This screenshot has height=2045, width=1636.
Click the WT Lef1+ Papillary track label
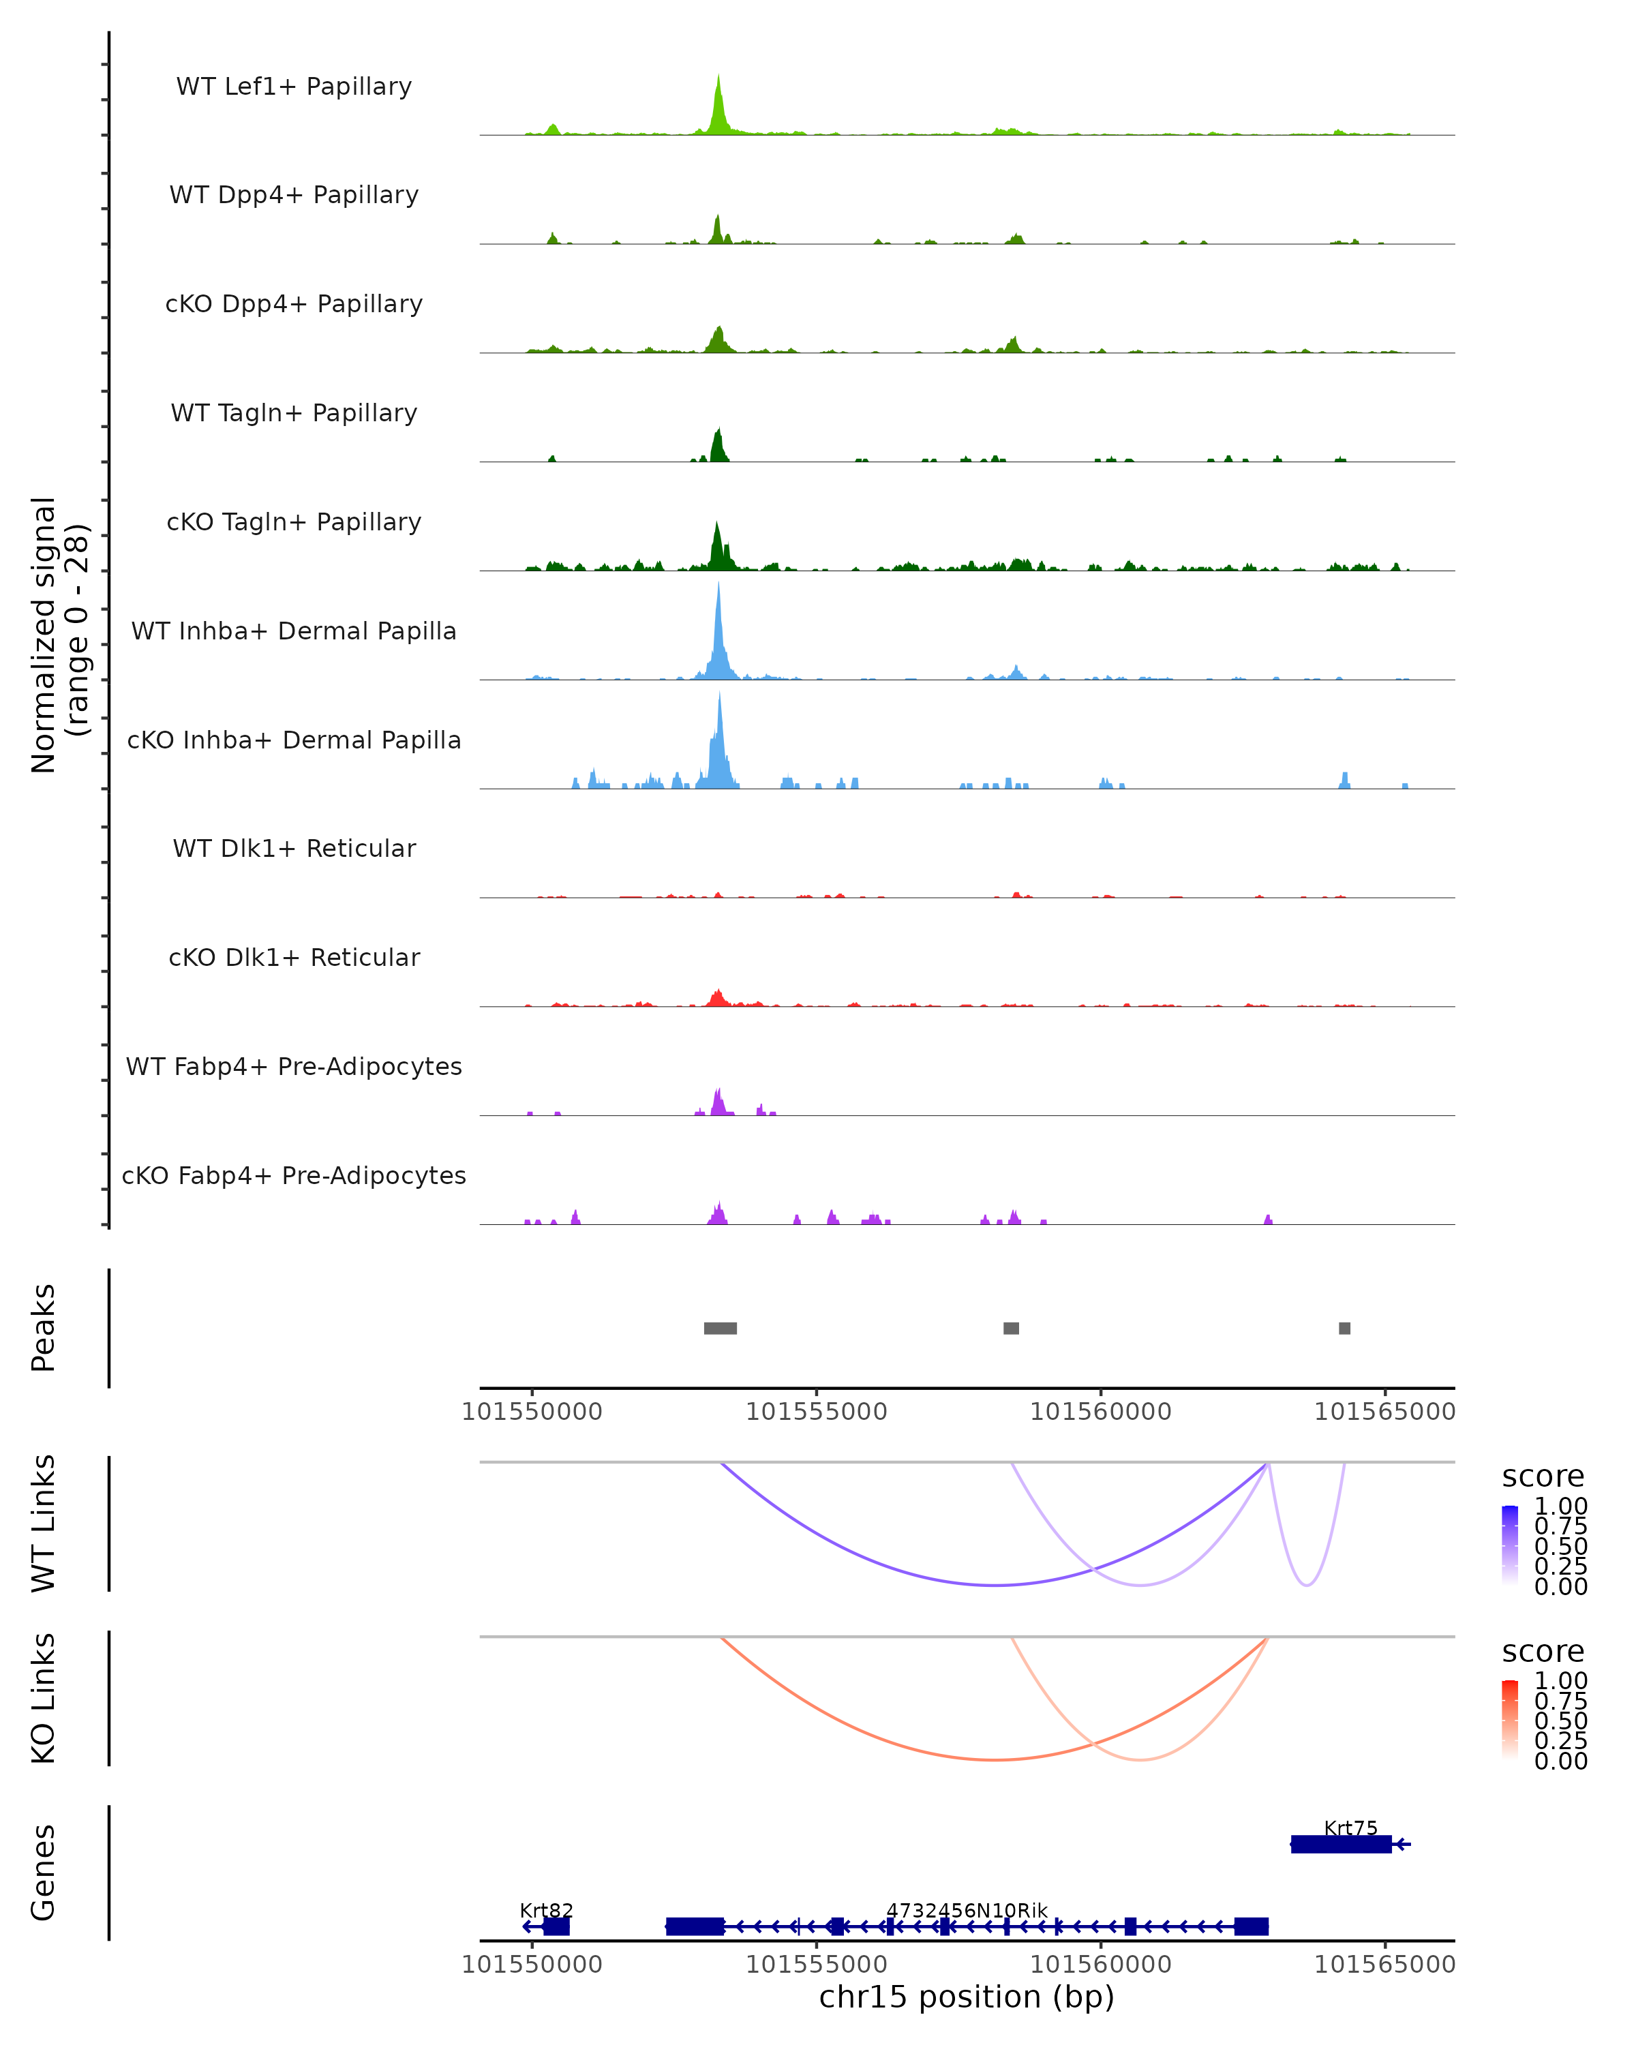coord(294,87)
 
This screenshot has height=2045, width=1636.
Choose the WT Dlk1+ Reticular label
coord(294,848)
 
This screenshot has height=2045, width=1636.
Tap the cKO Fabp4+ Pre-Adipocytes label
coord(294,1175)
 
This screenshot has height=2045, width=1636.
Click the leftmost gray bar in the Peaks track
coord(720,1328)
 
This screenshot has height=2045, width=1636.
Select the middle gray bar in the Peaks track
coord(1011,1328)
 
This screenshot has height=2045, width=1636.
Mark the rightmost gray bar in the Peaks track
coord(1344,1328)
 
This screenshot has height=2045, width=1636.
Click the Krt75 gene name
coord(1350,1828)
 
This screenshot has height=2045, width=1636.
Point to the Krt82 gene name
coord(546,1910)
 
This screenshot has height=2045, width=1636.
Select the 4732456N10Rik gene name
coord(967,1910)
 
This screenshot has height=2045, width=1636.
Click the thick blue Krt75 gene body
coord(1341,1844)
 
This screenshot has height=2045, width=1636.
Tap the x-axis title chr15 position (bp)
coord(967,1997)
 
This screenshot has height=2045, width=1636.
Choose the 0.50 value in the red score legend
coord(1561,1721)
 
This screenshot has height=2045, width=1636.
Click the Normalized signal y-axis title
coord(59,635)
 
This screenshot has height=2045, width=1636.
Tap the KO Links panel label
coord(44,1699)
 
